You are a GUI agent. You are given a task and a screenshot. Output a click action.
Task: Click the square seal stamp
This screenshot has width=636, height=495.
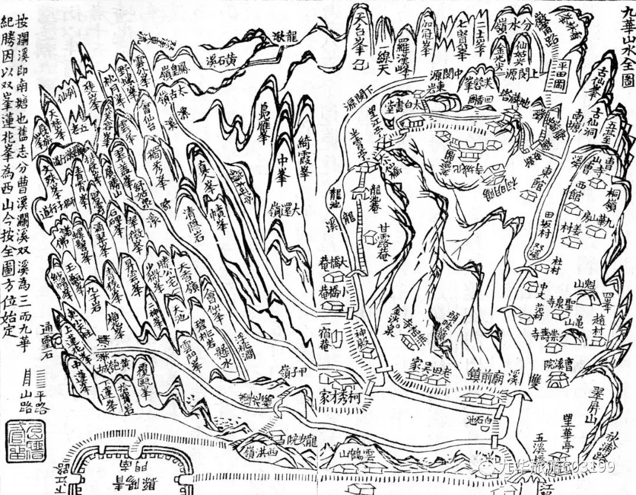coord(19,436)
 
